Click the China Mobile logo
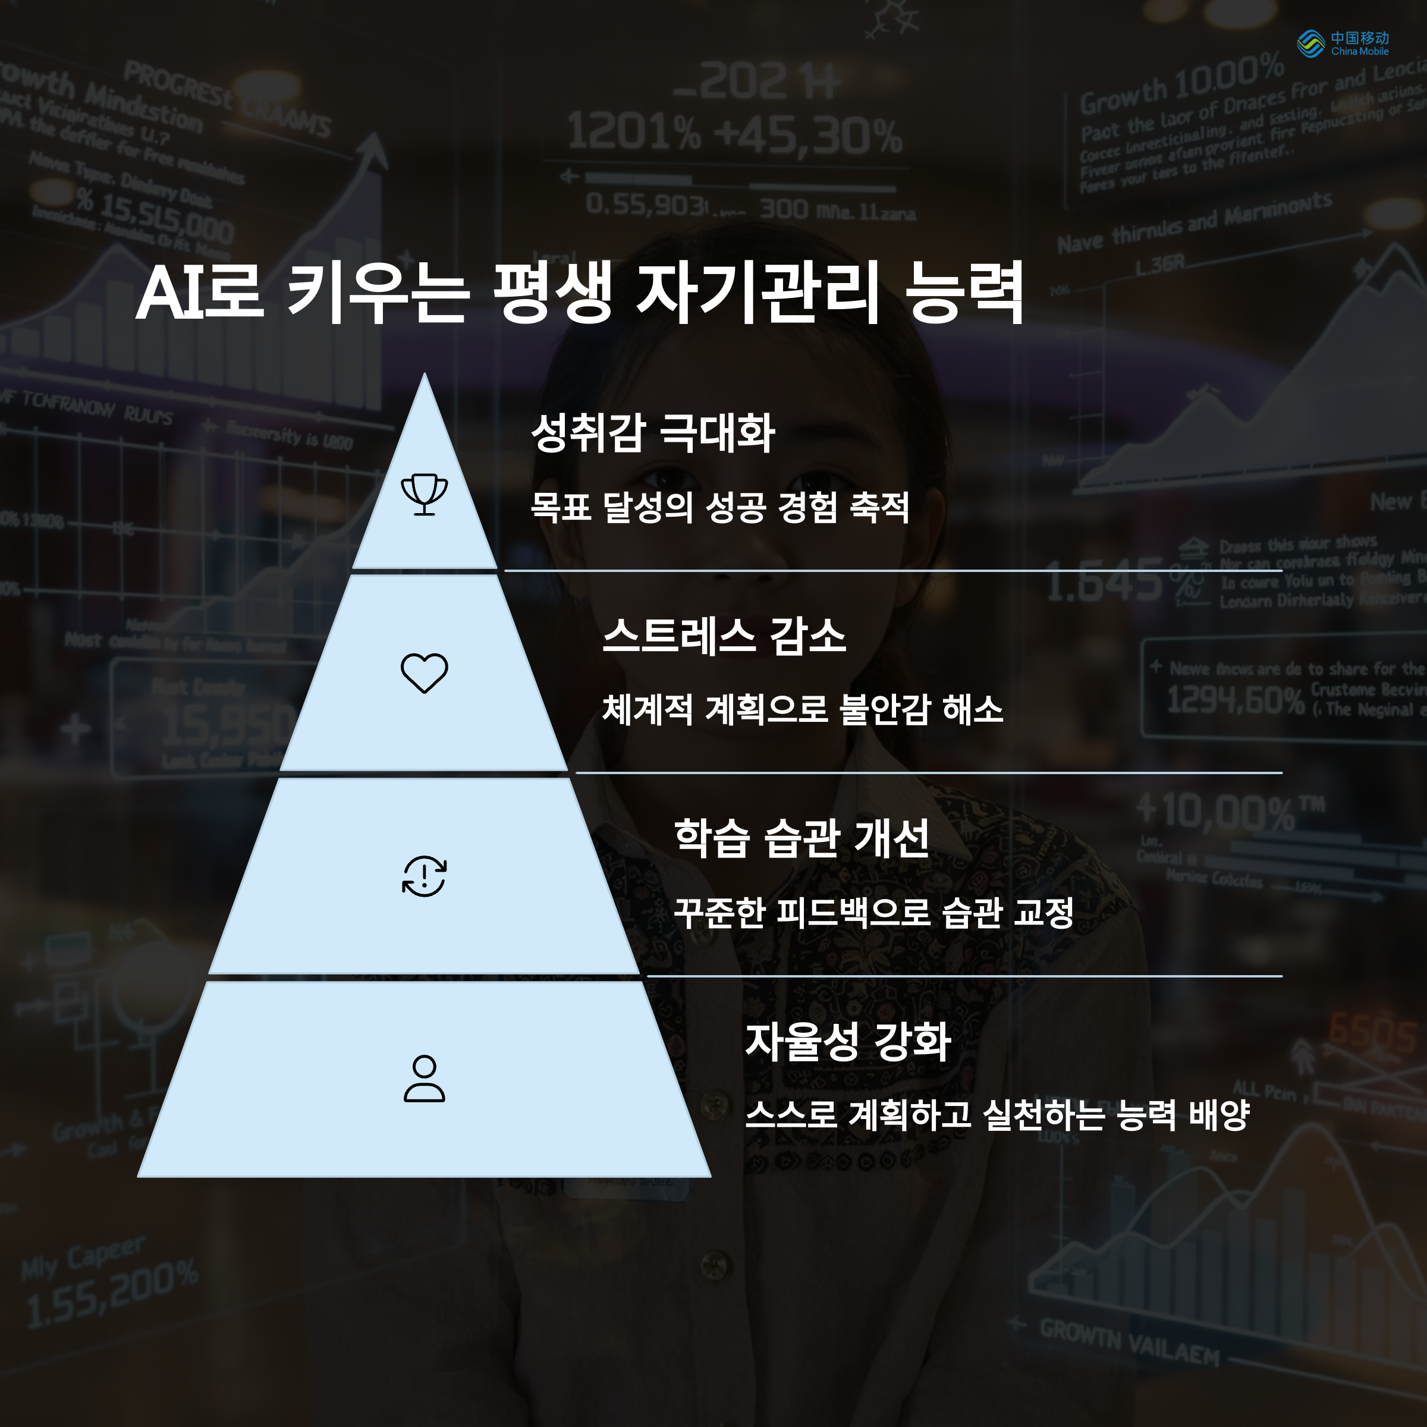click(x=1341, y=43)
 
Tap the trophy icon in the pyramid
click(x=424, y=494)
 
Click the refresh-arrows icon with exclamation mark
click(x=424, y=876)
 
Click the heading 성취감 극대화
click(x=653, y=433)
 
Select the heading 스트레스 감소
click(x=724, y=636)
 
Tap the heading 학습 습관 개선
click(x=801, y=838)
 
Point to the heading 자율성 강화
click(x=848, y=1042)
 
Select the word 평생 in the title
click(x=552, y=293)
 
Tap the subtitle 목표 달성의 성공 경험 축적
click(x=719, y=507)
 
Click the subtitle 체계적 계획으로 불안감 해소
click(x=802, y=710)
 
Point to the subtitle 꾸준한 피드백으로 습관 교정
click(x=873, y=913)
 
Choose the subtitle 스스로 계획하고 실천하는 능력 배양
click(x=997, y=1115)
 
